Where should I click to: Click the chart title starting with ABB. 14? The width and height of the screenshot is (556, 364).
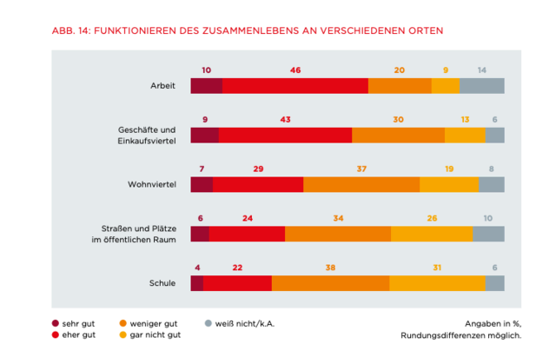click(248, 30)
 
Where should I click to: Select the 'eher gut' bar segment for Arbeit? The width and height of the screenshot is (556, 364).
click(295, 85)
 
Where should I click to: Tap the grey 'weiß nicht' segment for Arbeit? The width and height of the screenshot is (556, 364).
click(482, 85)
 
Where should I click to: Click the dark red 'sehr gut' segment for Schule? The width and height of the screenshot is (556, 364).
click(196, 283)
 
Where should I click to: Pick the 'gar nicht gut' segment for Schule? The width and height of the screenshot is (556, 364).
click(437, 283)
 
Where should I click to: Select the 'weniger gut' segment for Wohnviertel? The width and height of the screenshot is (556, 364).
click(361, 184)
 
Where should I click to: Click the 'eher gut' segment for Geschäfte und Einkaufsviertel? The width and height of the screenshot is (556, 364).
click(285, 135)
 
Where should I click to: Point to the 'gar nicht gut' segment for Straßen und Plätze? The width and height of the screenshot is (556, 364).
click(432, 234)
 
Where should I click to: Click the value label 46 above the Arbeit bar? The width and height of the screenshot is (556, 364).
click(295, 69)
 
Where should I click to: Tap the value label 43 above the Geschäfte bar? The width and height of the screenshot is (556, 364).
click(285, 119)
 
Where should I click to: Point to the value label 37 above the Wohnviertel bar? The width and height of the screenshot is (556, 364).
click(361, 169)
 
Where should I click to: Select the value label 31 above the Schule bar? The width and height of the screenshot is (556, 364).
click(437, 268)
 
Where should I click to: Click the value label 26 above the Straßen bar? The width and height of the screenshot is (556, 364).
click(432, 218)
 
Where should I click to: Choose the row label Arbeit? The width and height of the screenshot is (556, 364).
click(162, 85)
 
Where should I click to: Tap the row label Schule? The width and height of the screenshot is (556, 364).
click(162, 283)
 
